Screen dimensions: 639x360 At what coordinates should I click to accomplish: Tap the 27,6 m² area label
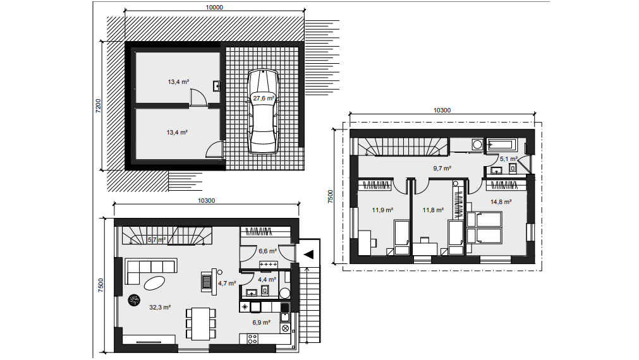pos(264,98)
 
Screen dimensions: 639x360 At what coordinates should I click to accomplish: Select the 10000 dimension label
pos(214,7)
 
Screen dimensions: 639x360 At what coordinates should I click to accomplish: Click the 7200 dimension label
pos(98,106)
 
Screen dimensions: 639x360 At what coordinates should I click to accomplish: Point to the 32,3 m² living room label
pos(160,308)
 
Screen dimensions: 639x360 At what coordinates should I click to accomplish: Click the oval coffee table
pos(155,283)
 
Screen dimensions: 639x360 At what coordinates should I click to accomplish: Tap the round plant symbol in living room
pos(134,300)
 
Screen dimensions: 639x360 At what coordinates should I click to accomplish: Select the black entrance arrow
pos(309,255)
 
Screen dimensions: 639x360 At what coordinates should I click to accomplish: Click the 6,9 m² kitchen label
pos(261,323)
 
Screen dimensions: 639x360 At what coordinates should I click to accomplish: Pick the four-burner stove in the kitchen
pos(252,339)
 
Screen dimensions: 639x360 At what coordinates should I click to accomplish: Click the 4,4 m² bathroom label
pos(267,279)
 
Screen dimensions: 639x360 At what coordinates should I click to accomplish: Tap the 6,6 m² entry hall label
pos(268,251)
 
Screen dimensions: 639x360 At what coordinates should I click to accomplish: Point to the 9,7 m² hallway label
pos(442,168)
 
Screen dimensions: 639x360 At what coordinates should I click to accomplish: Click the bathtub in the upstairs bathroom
pos(502,145)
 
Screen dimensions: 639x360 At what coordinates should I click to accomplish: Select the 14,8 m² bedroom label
pos(501,201)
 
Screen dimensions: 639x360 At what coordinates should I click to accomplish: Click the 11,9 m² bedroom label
pos(382,210)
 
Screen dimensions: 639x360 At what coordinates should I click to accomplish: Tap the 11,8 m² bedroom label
pos(433,210)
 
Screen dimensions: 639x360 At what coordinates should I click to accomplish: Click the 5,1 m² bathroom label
pos(509,159)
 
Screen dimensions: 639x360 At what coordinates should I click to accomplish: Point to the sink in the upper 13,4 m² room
pos(216,86)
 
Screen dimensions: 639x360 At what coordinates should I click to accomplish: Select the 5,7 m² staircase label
pos(157,240)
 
